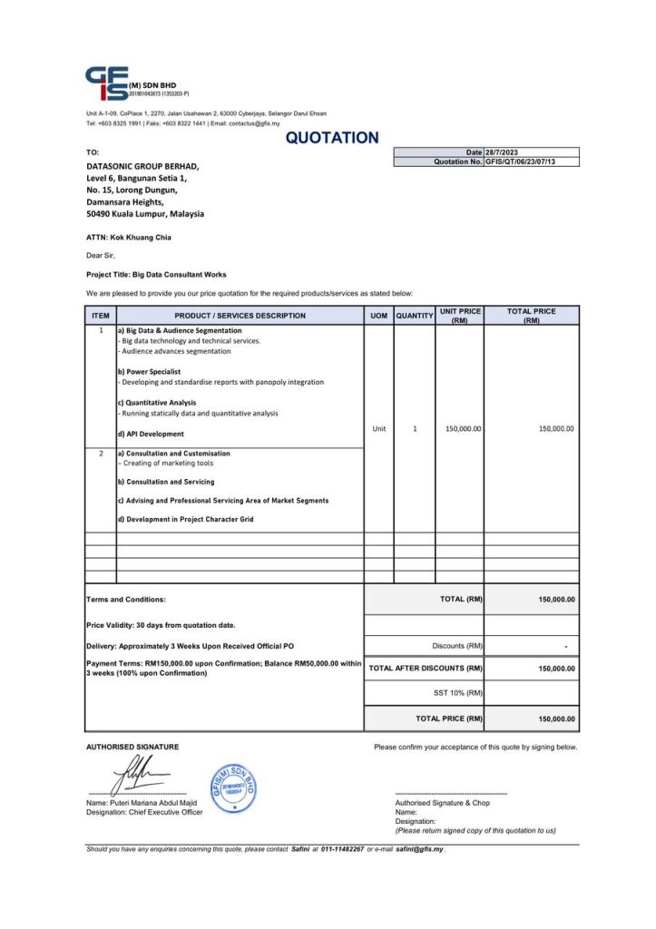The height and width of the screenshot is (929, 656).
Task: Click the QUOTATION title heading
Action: click(x=332, y=138)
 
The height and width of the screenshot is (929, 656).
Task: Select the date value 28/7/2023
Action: click(x=502, y=152)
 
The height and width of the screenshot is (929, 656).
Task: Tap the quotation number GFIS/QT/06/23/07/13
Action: click(x=520, y=161)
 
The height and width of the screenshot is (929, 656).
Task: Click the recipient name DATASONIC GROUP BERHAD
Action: click(x=142, y=167)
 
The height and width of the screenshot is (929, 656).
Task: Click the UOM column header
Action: click(x=378, y=316)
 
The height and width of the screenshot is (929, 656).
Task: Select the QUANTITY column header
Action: click(x=415, y=316)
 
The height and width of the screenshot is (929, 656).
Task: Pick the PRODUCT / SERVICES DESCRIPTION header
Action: click(x=240, y=316)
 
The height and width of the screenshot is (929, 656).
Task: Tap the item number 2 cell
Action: click(x=101, y=453)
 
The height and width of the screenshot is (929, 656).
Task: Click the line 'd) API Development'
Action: click(x=151, y=434)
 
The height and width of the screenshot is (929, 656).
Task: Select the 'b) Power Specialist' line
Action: click(x=149, y=372)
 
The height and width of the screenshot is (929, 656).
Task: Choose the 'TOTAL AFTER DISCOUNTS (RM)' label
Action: click(x=426, y=669)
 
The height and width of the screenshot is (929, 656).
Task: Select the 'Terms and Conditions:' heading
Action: click(x=126, y=600)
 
